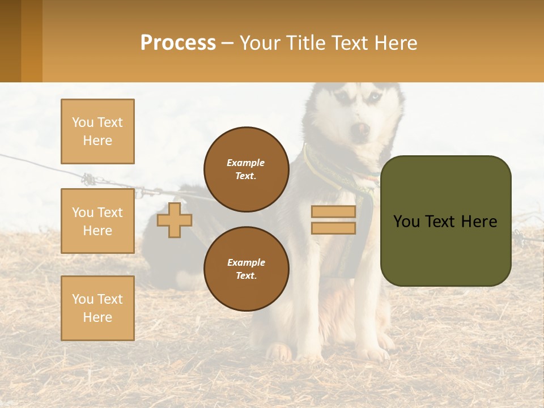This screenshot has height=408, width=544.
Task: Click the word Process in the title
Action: coord(178,43)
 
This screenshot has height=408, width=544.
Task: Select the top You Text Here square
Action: coord(97,131)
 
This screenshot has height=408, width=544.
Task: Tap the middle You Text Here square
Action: coord(97,221)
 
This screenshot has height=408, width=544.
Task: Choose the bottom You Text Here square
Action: coord(97,308)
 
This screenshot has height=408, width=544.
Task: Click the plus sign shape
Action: coord(174,220)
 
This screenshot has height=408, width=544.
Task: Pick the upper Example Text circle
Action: coord(246,169)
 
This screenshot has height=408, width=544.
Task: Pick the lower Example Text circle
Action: coord(246,269)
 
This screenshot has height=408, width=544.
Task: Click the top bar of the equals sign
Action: coord(333,212)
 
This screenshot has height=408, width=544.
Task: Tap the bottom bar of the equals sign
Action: coord(333,228)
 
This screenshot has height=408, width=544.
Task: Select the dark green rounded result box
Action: coord(445,221)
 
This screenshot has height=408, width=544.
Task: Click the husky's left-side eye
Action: coord(342,97)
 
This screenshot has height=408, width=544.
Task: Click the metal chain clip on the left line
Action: coord(89,180)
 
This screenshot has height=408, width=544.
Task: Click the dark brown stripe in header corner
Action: coord(10,41)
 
